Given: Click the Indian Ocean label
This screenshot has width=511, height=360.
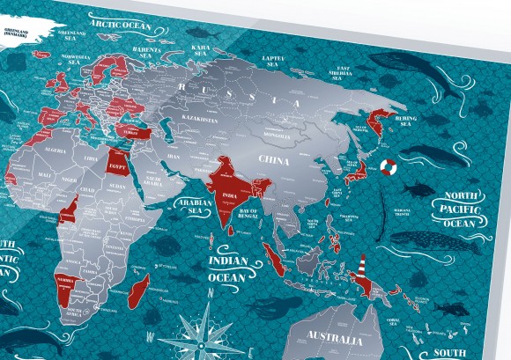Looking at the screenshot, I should [225, 269].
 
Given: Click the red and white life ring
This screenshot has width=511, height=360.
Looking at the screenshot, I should [389, 167].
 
